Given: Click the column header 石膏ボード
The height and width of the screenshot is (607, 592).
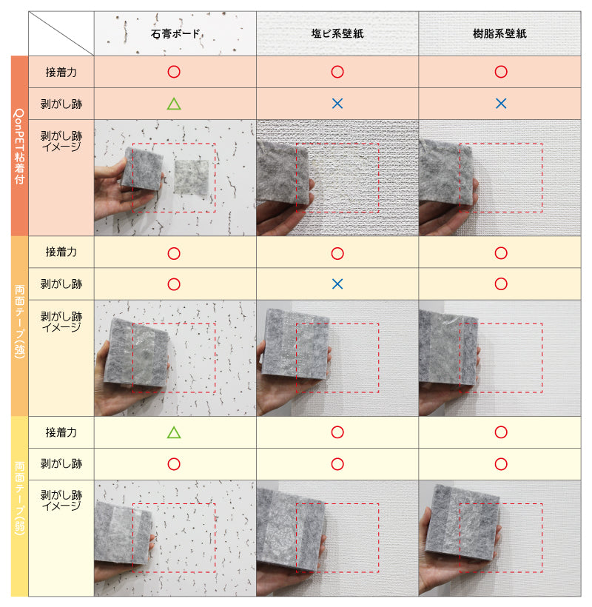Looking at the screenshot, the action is [175, 33].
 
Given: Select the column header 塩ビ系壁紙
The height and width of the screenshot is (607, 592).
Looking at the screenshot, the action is [337, 33].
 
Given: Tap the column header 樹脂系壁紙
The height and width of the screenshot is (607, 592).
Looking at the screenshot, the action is [499, 33].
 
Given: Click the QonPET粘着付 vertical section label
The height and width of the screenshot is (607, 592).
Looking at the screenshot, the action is [19, 146].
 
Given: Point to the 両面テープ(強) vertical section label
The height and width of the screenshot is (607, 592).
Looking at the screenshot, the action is [19, 322].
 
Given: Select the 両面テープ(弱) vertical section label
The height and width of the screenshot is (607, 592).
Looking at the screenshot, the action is [19, 498].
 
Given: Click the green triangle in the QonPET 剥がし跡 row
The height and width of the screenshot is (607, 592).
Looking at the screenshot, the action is [174, 104].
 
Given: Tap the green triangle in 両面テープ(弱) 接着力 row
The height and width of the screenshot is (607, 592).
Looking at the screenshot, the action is [174, 432].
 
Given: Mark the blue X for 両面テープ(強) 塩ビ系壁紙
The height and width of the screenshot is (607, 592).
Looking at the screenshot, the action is [337, 284].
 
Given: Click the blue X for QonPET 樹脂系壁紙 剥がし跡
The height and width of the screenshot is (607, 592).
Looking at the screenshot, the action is [501, 104].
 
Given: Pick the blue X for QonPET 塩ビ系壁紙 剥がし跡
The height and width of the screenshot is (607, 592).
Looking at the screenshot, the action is [337, 104].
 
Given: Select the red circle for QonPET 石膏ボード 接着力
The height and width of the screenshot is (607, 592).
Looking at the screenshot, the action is [174, 72].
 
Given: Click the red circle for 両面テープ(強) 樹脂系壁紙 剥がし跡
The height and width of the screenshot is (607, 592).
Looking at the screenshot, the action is [501, 284].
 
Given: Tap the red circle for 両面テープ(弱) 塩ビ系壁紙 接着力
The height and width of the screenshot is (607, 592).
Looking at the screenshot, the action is [337, 432].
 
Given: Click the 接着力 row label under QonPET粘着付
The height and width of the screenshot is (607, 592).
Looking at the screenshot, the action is [61, 72].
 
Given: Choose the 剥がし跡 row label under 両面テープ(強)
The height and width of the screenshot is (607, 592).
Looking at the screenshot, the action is [61, 284].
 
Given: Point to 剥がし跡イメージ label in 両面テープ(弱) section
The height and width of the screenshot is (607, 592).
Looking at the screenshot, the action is [61, 500].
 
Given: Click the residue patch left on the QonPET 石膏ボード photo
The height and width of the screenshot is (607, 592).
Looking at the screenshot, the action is [191, 178].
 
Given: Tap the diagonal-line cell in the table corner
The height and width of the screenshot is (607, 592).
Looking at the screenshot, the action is [61, 33].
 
